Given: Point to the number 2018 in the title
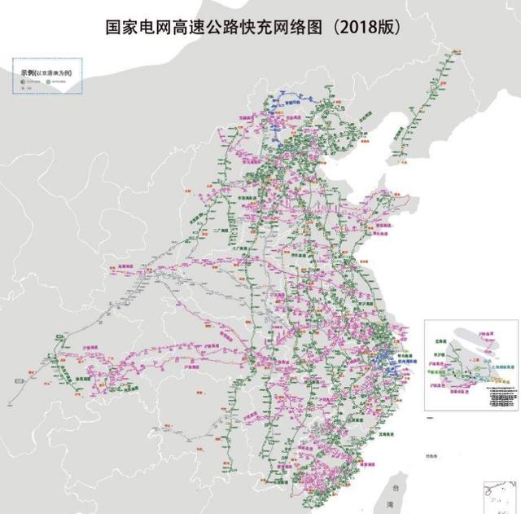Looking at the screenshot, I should coord(358,28).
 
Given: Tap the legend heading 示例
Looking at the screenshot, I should coord(29,72).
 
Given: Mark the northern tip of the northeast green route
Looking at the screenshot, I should coord(447,51).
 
